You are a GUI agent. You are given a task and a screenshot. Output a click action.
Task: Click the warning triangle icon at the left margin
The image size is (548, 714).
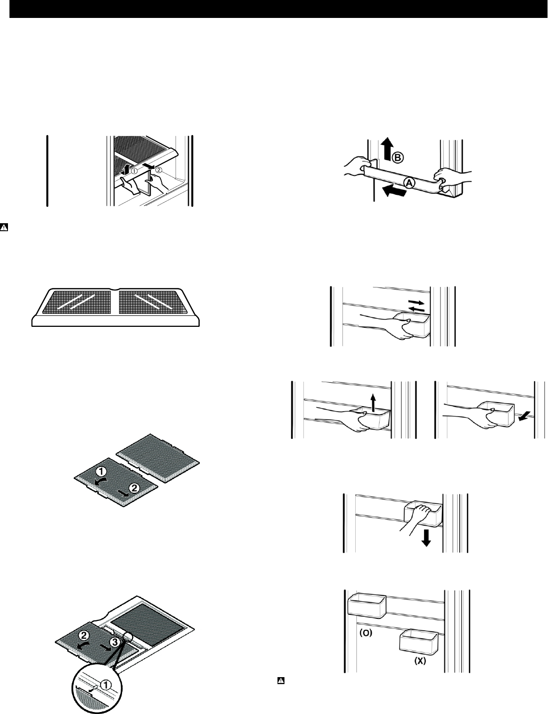[x=4, y=227]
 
